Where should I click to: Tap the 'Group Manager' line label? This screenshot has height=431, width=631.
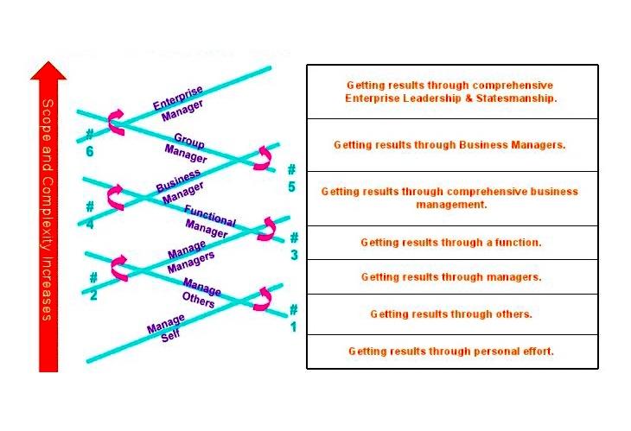(x=187, y=148)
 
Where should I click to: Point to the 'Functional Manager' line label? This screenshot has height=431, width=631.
(x=208, y=222)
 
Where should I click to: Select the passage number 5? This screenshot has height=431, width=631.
(x=291, y=178)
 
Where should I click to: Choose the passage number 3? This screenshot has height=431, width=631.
(x=294, y=247)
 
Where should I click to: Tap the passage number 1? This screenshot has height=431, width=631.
(x=293, y=317)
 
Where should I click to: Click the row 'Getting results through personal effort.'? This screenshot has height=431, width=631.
(x=451, y=352)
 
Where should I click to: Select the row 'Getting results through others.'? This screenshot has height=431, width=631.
(x=451, y=314)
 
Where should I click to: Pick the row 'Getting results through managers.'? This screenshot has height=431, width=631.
(x=451, y=277)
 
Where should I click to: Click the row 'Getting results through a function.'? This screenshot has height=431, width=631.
(x=451, y=243)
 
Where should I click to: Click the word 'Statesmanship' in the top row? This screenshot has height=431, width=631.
(x=518, y=98)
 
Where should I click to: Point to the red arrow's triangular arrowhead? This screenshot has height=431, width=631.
(x=48, y=70)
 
